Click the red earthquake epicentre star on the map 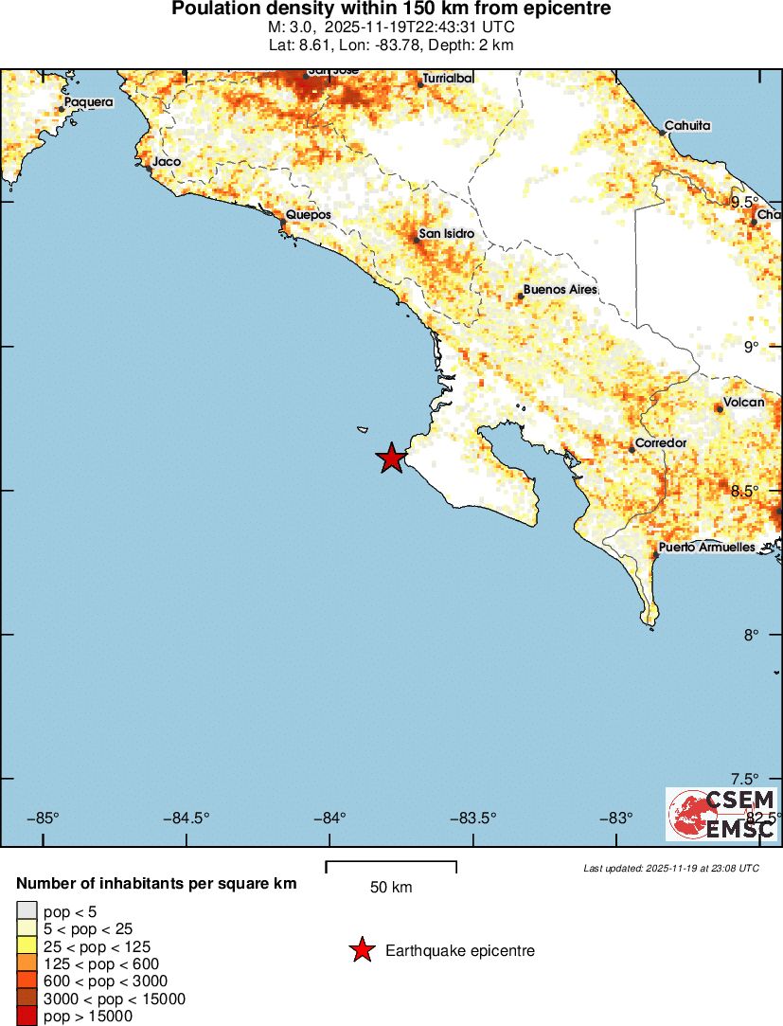[391, 459]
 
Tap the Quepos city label [309, 215]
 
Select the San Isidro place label [446, 233]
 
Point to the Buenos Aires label [561, 289]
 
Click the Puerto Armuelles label [706, 548]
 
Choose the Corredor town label [661, 442]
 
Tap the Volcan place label [743, 403]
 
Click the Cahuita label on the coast [687, 125]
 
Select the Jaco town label [166, 162]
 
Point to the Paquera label [88, 102]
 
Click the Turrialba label [448, 78]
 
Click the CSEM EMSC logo [722, 814]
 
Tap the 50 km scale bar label [391, 888]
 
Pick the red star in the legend [362, 950]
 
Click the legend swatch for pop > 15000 [27, 1017]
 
